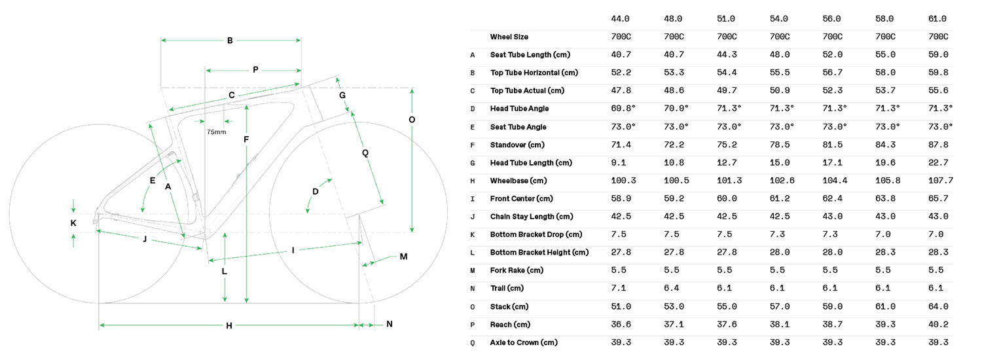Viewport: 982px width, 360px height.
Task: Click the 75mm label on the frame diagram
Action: coord(216,132)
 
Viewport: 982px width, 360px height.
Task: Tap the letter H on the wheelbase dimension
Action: coord(229,325)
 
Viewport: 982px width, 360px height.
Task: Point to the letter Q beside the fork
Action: coord(365,153)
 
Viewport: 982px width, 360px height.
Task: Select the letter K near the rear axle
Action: coord(73,223)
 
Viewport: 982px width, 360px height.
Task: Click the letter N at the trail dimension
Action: coord(389,324)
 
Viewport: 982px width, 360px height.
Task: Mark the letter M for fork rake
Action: coord(404,257)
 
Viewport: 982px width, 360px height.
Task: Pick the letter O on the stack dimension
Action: coord(411,120)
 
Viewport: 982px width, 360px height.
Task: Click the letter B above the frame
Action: coord(230,41)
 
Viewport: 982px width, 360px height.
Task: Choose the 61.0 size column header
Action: coord(938,19)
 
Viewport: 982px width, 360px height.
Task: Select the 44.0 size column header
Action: coord(620,19)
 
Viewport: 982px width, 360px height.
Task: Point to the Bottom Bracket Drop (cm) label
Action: coord(536,234)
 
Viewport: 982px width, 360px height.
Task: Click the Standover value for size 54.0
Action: coord(779,145)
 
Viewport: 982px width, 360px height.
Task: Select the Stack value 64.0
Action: coord(938,306)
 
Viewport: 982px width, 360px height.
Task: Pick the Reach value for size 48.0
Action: coord(674,325)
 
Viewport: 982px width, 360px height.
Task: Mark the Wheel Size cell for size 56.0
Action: coord(832,37)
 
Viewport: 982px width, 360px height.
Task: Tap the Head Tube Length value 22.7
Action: coord(938,162)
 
